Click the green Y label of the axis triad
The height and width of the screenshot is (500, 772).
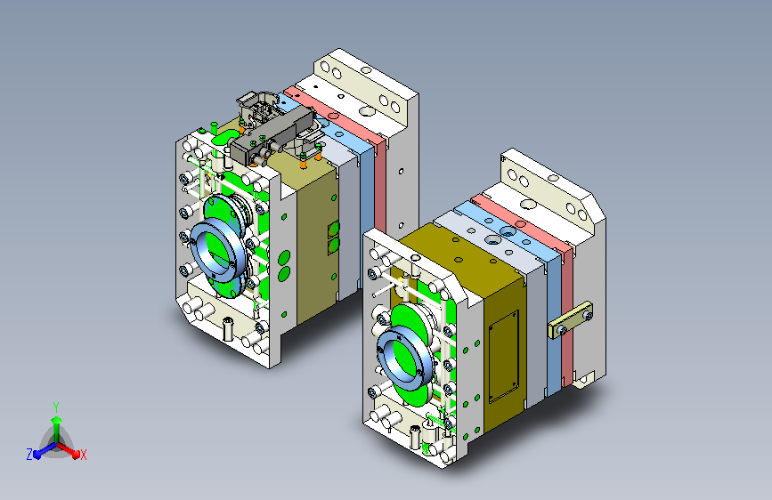tap(56, 407)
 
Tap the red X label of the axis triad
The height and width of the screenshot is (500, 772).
tap(83, 455)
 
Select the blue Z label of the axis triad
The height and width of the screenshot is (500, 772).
tap(29, 455)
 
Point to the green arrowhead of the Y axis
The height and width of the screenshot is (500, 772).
tap(57, 420)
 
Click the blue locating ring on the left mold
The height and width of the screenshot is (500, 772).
tap(217, 250)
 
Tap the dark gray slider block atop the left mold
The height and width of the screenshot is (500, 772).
tap(272, 133)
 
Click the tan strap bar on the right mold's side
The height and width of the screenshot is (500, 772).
tap(570, 320)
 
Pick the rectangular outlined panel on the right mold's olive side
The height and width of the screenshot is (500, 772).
tap(503, 356)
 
